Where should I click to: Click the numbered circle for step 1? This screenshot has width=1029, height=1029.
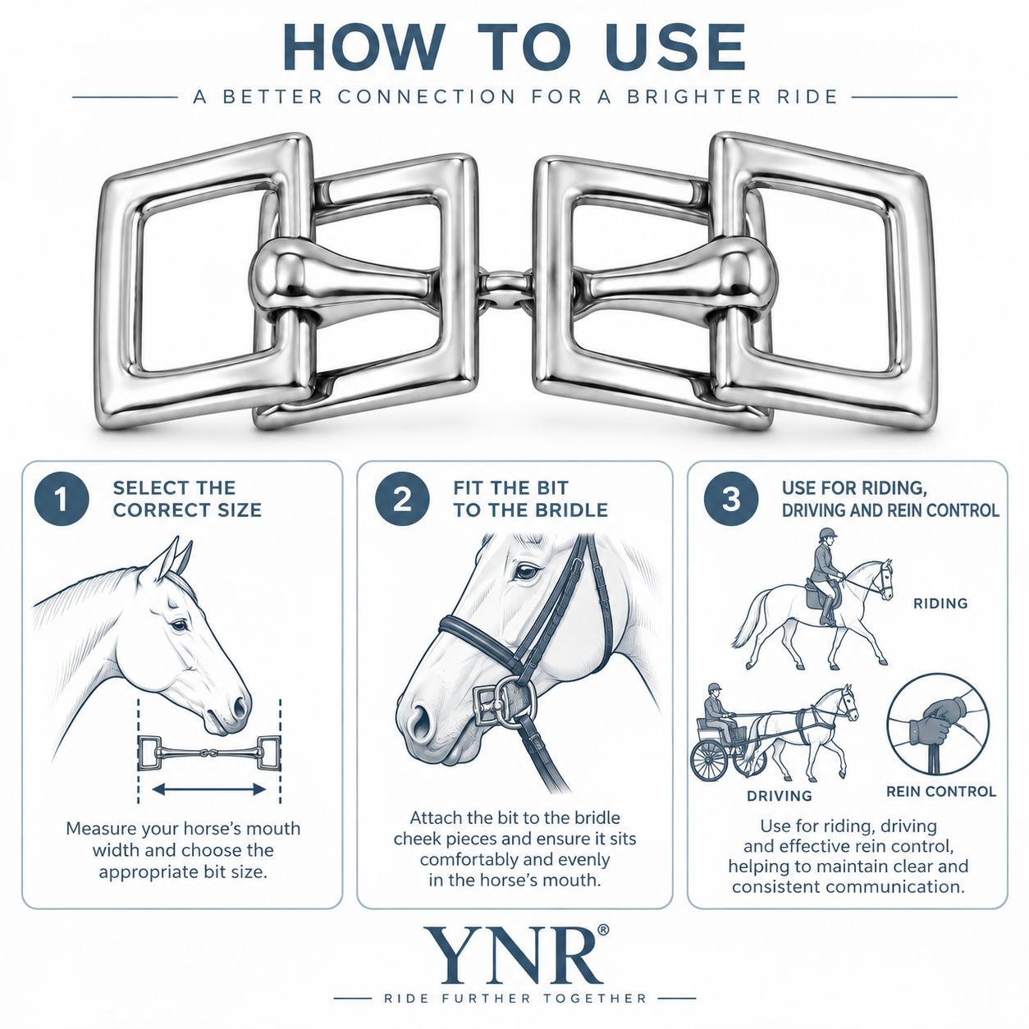(x=62, y=499)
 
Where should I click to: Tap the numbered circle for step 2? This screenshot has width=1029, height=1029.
(x=402, y=499)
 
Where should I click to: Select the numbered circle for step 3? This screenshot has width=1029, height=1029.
(x=731, y=499)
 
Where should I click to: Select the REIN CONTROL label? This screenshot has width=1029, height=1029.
(x=941, y=791)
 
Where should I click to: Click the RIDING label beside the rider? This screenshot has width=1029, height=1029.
(x=940, y=603)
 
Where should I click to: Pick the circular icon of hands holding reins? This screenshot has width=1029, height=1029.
(x=938, y=725)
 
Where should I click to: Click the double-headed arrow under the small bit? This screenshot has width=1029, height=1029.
(x=208, y=789)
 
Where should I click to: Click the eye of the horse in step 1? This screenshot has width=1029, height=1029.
(x=180, y=624)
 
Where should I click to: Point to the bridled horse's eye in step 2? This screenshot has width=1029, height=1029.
(x=527, y=572)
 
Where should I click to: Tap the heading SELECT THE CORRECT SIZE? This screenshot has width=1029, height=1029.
(x=187, y=499)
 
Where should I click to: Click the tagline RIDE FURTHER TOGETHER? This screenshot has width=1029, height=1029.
(x=515, y=998)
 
